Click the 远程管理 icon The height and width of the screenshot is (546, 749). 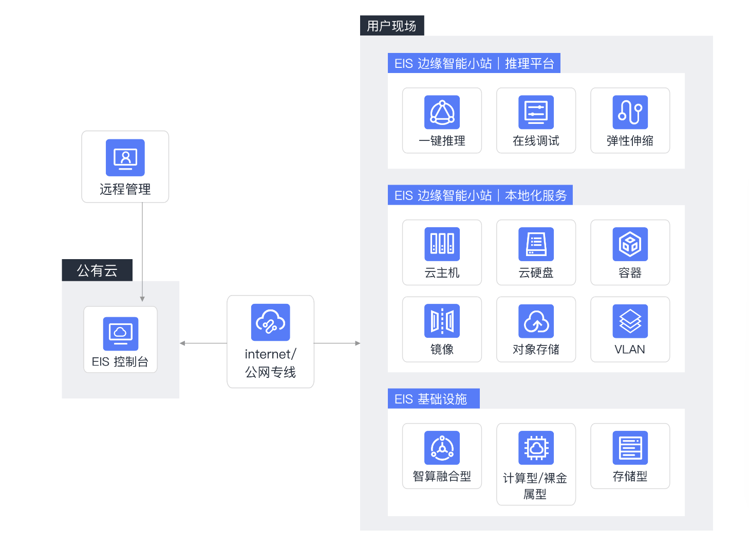coord(125,157)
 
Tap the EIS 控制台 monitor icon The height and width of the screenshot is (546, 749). coord(120,334)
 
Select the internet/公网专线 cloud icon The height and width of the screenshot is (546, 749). coord(270,322)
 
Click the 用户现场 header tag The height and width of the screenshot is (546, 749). coord(391,26)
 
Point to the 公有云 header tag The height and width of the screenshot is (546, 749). coord(97,270)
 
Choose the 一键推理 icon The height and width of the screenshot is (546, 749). coord(442,112)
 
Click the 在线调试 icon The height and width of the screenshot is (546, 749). coord(536,112)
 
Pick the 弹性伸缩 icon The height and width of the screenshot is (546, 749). coord(630,112)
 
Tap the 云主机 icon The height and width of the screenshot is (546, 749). coord(442,244)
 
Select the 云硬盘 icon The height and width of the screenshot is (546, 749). coord(536,244)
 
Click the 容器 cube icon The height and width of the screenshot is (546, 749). coord(630,244)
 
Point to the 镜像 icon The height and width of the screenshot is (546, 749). coord(442,321)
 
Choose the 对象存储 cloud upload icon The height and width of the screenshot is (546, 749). coord(536,321)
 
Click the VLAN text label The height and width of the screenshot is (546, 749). coord(630,350)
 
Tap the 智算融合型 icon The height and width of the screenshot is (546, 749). coord(442,448)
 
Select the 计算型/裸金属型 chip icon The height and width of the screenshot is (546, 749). coord(536,448)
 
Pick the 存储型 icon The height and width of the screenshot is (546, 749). coord(630,448)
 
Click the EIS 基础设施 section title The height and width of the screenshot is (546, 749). coord(430,399)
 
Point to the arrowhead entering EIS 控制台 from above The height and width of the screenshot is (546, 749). coord(142,299)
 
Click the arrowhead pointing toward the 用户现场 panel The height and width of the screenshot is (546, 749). coord(358,343)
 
